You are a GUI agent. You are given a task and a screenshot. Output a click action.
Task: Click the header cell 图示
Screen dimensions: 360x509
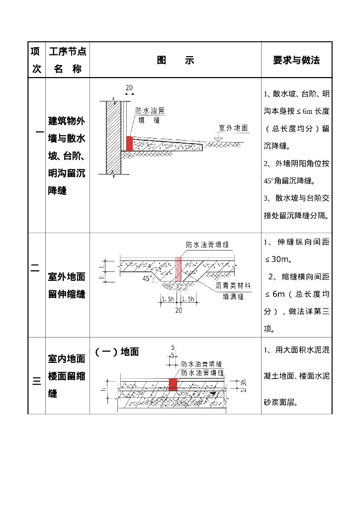tap(175, 60)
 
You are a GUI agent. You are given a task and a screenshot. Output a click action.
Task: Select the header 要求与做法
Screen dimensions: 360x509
tap(296, 60)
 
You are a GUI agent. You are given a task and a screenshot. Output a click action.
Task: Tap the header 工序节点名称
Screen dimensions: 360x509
tap(67, 60)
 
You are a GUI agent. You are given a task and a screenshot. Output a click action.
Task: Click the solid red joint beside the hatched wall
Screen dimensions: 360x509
tap(130, 144)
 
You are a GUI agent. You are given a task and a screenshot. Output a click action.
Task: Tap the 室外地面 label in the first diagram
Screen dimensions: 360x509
tap(233, 128)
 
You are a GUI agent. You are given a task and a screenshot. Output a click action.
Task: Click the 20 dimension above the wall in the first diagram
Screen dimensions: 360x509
tap(129, 88)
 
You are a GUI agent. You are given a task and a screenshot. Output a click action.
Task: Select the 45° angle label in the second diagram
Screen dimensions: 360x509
tap(148, 279)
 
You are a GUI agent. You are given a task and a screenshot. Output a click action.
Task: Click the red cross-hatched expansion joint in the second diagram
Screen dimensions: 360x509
tap(179, 269)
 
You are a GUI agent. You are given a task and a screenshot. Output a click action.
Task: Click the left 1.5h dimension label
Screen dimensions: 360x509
tap(168, 299)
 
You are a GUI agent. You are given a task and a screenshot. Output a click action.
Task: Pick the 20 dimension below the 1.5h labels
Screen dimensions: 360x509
tap(179, 310)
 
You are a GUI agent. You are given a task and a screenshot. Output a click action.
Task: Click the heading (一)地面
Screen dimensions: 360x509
tap(117, 352)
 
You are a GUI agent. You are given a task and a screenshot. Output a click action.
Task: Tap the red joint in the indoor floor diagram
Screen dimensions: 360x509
tap(173, 384)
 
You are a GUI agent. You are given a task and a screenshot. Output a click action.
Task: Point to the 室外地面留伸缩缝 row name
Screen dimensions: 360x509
tap(67, 285)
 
